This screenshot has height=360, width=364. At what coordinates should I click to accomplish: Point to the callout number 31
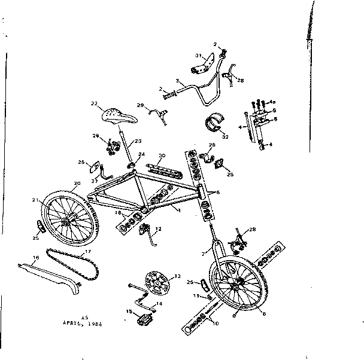198,56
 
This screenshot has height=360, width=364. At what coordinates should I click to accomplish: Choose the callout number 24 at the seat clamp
142,155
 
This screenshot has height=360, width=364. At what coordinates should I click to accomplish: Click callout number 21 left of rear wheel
35,200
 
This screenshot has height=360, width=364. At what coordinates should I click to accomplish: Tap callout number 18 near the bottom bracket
118,213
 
